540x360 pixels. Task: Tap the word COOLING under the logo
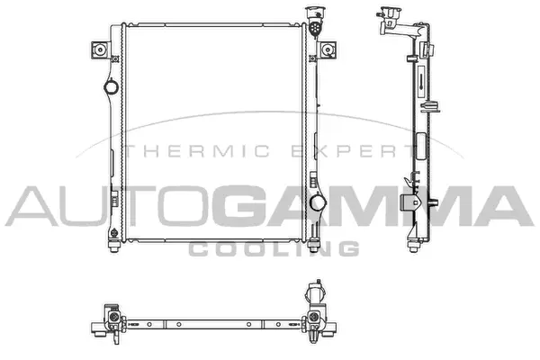tap(274, 248)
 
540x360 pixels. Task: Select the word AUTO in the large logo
tap(108, 206)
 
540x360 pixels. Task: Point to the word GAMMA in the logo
tap(374, 206)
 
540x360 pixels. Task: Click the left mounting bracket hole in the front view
tap(100, 50)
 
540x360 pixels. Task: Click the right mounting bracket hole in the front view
tap(328, 50)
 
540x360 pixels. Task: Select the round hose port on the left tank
tap(111, 86)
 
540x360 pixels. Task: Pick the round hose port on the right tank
tap(317, 202)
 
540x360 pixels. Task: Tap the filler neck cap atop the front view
tap(315, 13)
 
